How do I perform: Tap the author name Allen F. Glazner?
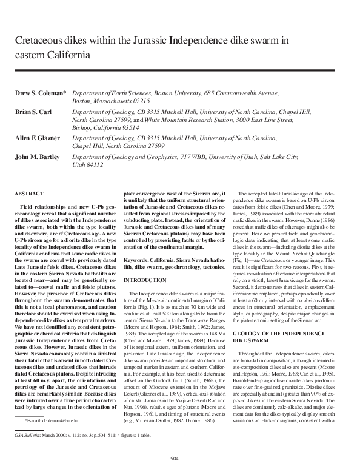39,138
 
